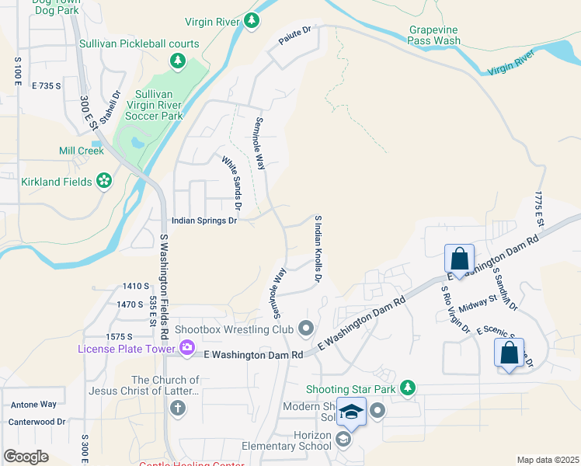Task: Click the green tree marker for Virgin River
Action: pyautogui.click(x=251, y=23)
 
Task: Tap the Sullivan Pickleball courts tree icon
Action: pyautogui.click(x=178, y=60)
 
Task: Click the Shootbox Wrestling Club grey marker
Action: pyautogui.click(x=305, y=329)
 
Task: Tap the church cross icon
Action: pyautogui.click(x=178, y=408)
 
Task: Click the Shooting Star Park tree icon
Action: pyautogui.click(x=406, y=388)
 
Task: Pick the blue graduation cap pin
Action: pyautogui.click(x=351, y=412)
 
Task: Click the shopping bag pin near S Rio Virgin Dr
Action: pyautogui.click(x=459, y=258)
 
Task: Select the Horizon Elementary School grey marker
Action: pyautogui.click(x=343, y=440)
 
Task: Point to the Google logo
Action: pyautogui.click(x=26, y=457)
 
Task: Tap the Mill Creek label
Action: pyautogui.click(x=81, y=151)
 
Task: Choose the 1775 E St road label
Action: pyautogui.click(x=538, y=208)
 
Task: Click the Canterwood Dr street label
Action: pyautogui.click(x=37, y=422)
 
